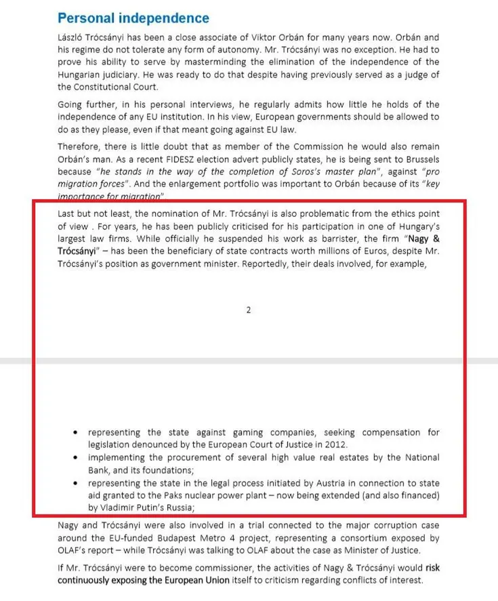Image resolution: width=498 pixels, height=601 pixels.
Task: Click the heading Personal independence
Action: click(133, 18)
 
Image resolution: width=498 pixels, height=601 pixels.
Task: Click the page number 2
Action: click(249, 310)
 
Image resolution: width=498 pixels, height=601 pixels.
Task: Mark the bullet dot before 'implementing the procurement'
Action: click(77, 458)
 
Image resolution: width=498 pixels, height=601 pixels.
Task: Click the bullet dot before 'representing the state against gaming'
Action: click(77, 432)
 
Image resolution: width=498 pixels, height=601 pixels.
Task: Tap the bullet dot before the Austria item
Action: click(77, 483)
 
